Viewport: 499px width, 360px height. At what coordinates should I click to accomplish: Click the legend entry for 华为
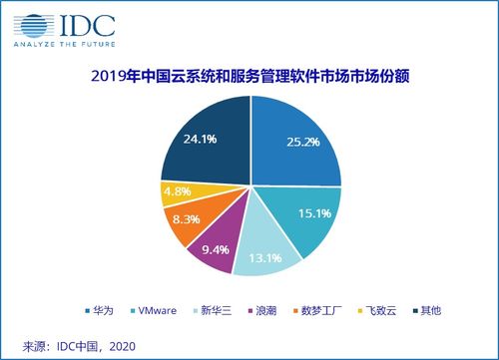click(x=134, y=309)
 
